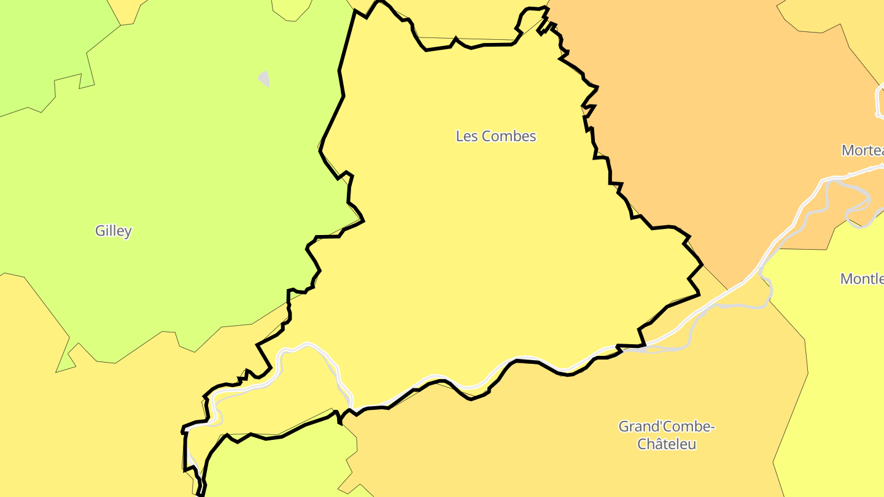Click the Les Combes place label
(496, 136)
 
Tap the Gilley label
(114, 231)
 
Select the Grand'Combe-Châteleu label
(667, 434)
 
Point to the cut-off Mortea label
(863, 150)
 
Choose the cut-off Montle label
(862, 279)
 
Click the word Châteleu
(667, 444)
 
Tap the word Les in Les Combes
(467, 136)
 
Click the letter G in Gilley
(99, 231)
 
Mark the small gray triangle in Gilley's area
(265, 79)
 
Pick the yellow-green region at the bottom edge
(276, 466)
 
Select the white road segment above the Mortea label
(879, 101)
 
